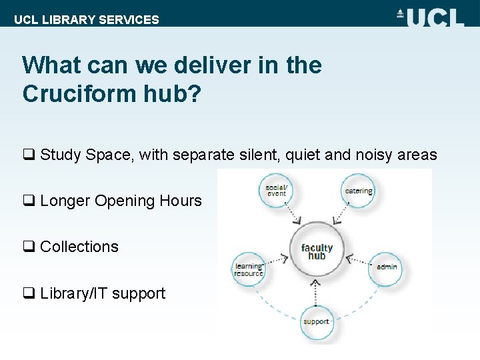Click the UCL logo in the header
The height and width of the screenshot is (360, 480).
[431, 16]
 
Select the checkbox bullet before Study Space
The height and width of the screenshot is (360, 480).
[29, 155]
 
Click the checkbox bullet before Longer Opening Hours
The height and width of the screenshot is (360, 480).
[29, 201]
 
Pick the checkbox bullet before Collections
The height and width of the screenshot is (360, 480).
[29, 247]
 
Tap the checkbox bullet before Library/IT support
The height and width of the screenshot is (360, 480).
[29, 293]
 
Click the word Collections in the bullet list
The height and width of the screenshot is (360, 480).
[79, 247]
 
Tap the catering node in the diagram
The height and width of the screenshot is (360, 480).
[358, 191]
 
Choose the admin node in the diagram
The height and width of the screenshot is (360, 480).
[386, 267]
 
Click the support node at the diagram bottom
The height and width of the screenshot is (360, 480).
[316, 321]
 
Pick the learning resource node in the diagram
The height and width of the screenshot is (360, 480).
[248, 269]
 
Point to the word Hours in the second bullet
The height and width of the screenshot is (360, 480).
[181, 201]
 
